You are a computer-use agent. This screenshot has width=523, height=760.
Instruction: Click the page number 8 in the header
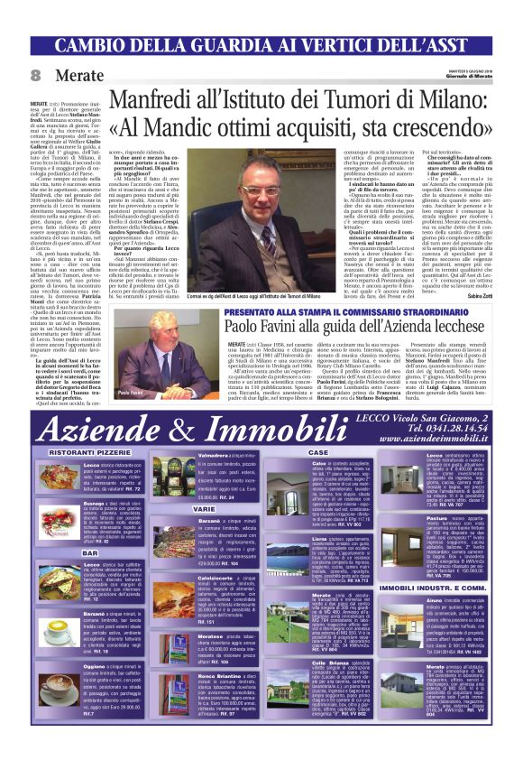click(36, 75)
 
